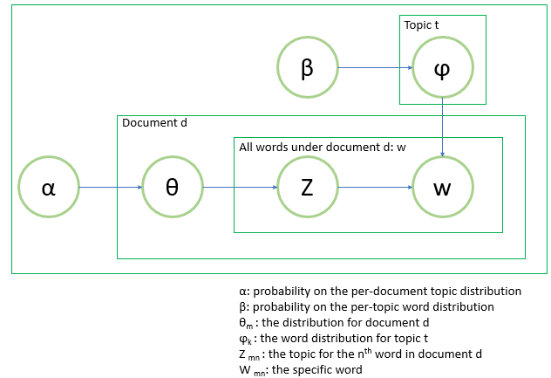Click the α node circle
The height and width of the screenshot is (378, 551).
(49, 187)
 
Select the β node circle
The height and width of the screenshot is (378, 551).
(307, 68)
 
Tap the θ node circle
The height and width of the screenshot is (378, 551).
(172, 187)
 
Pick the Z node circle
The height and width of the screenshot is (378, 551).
(307, 187)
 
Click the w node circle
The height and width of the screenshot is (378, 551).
(442, 187)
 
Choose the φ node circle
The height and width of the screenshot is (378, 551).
(442, 68)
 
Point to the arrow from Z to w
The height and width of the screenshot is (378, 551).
(374, 187)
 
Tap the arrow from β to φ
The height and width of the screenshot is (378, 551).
(374, 68)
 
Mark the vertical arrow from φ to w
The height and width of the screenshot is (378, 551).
(442, 127)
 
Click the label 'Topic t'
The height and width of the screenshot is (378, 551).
(421, 25)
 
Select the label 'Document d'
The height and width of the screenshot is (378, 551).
(154, 124)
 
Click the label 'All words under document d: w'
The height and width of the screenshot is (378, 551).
(322, 147)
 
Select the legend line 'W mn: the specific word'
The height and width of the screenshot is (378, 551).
(301, 369)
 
